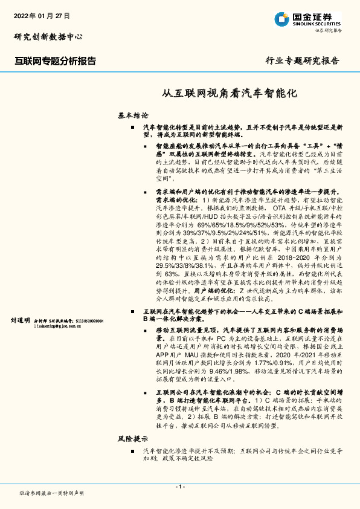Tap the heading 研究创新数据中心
tap(48, 36)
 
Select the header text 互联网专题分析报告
tap(55, 60)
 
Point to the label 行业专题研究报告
tap(302, 60)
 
